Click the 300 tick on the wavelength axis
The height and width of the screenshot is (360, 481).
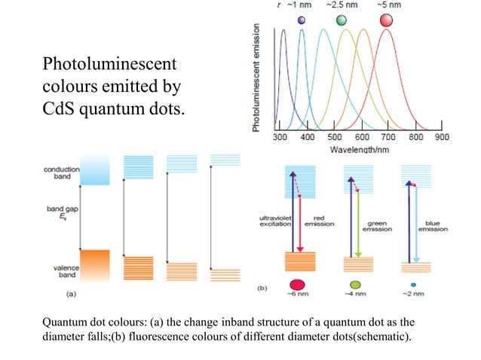pyautogui.click(x=278, y=138)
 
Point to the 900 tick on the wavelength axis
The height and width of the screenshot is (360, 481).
pyautogui.click(x=442, y=138)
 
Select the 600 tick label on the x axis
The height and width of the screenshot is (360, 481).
pyautogui.click(x=362, y=138)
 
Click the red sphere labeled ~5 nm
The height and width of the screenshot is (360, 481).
pyautogui.click(x=387, y=20)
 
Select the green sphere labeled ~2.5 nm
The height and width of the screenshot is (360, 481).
pyautogui.click(x=342, y=20)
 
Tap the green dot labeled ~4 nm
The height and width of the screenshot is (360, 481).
pyautogui.click(x=351, y=285)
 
